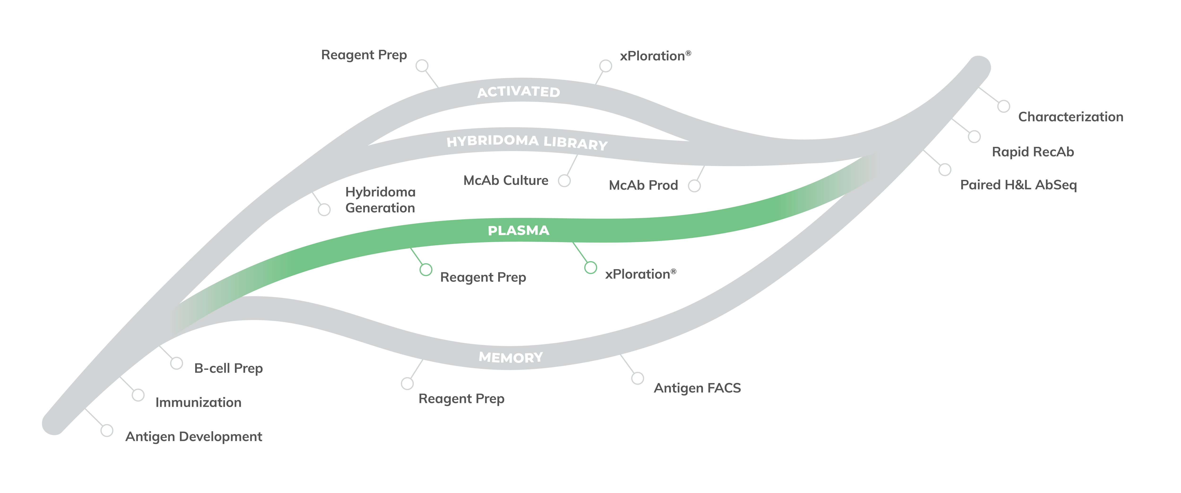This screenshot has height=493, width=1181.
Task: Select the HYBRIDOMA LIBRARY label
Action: [x=527, y=142]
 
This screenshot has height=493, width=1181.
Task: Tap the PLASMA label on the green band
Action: [x=519, y=230]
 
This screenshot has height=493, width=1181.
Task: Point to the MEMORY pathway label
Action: [x=511, y=357]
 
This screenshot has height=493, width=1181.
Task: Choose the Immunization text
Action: [x=198, y=402]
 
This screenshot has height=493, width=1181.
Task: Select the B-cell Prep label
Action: [x=228, y=368]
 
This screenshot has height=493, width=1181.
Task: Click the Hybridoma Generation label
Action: [x=380, y=200]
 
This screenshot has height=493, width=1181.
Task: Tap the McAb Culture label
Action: [x=506, y=180]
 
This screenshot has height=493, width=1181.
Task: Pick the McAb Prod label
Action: [x=643, y=185]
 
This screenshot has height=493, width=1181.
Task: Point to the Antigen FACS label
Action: [x=697, y=388]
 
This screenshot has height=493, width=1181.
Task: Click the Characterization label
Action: [x=1071, y=117]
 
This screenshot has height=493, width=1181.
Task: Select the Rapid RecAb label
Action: [x=1033, y=152]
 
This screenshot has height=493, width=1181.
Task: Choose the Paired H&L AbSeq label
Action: [x=1018, y=185]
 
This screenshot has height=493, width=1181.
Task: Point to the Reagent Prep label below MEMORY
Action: [x=461, y=398]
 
